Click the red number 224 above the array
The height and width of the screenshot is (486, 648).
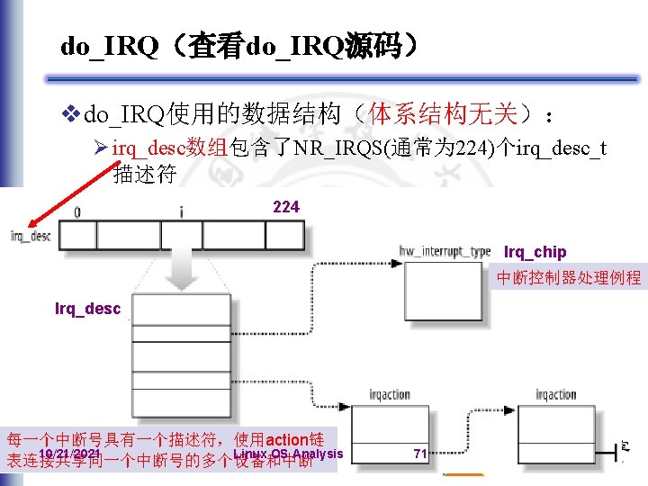[286, 207]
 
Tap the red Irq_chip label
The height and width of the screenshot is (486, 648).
[535, 251]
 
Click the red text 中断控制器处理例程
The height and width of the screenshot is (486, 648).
[569, 278]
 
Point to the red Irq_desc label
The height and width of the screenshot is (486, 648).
[87, 309]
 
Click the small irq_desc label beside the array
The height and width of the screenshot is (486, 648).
[30, 236]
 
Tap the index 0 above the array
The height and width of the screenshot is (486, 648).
[76, 213]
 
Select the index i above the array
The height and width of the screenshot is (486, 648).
[181, 213]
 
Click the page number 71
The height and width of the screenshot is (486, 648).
[419, 454]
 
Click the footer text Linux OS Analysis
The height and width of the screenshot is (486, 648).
[288, 454]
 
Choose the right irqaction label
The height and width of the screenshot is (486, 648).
[555, 395]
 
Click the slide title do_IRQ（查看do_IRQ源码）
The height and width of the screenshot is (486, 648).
[238, 46]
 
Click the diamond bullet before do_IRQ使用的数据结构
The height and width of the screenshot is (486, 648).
[71, 114]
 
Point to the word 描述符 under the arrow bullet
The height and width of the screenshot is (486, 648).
[144, 175]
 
